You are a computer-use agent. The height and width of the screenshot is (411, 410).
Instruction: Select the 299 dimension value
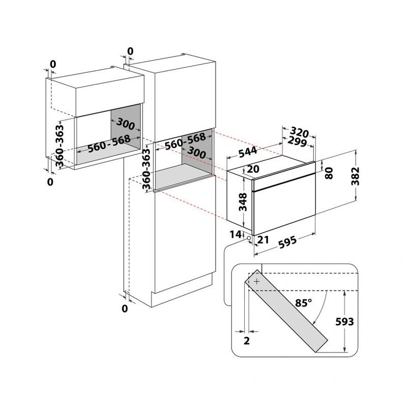[x=297, y=142]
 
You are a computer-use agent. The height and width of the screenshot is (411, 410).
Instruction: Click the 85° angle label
[x=303, y=303]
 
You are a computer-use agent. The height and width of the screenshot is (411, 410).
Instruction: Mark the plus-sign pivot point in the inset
[x=256, y=281]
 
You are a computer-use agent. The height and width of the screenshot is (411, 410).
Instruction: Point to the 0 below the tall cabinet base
[x=125, y=308]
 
